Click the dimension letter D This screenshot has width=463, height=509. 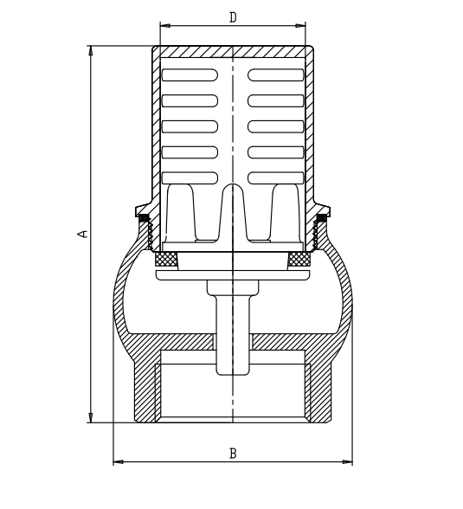(233, 17)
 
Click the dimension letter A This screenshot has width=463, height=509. (83, 234)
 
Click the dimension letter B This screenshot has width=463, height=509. (232, 453)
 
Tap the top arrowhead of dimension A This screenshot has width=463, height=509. (91, 50)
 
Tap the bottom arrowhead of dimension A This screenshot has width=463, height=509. (91, 418)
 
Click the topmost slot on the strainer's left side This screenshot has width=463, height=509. (190, 75)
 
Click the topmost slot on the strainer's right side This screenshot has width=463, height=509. (276, 75)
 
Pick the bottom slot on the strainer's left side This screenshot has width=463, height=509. (190, 177)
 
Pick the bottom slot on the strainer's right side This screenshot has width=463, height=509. (276, 177)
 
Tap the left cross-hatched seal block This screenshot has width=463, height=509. (166, 258)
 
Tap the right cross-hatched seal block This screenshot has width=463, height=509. (299, 258)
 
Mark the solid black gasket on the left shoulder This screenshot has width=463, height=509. (145, 217)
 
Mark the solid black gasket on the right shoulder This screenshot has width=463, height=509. (321, 217)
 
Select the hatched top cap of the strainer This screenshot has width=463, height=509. (233, 52)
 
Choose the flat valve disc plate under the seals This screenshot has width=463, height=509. (233, 275)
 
